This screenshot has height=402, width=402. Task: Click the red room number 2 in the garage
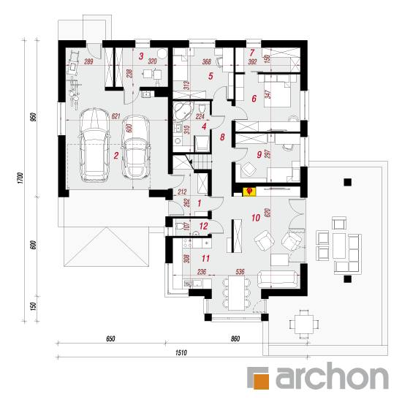(116, 156)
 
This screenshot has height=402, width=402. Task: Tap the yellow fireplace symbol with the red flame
(249, 191)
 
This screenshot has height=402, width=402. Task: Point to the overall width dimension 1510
(181, 353)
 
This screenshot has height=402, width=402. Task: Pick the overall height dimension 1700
(20, 178)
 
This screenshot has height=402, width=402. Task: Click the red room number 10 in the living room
(256, 218)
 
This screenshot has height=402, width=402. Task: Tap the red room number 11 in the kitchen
(205, 258)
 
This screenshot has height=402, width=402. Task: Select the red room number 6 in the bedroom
(254, 99)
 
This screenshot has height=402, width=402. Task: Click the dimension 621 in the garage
(115, 116)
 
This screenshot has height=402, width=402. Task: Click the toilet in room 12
(180, 226)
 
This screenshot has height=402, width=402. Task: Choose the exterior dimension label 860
(235, 338)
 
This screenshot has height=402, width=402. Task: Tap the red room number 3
(141, 56)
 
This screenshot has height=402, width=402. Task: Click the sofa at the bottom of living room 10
(278, 278)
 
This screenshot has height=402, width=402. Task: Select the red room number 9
(259, 154)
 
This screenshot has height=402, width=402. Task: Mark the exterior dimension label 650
(110, 338)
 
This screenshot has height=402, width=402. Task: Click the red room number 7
(251, 53)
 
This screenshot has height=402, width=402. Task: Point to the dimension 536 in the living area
(240, 271)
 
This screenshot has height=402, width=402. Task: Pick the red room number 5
(211, 76)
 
